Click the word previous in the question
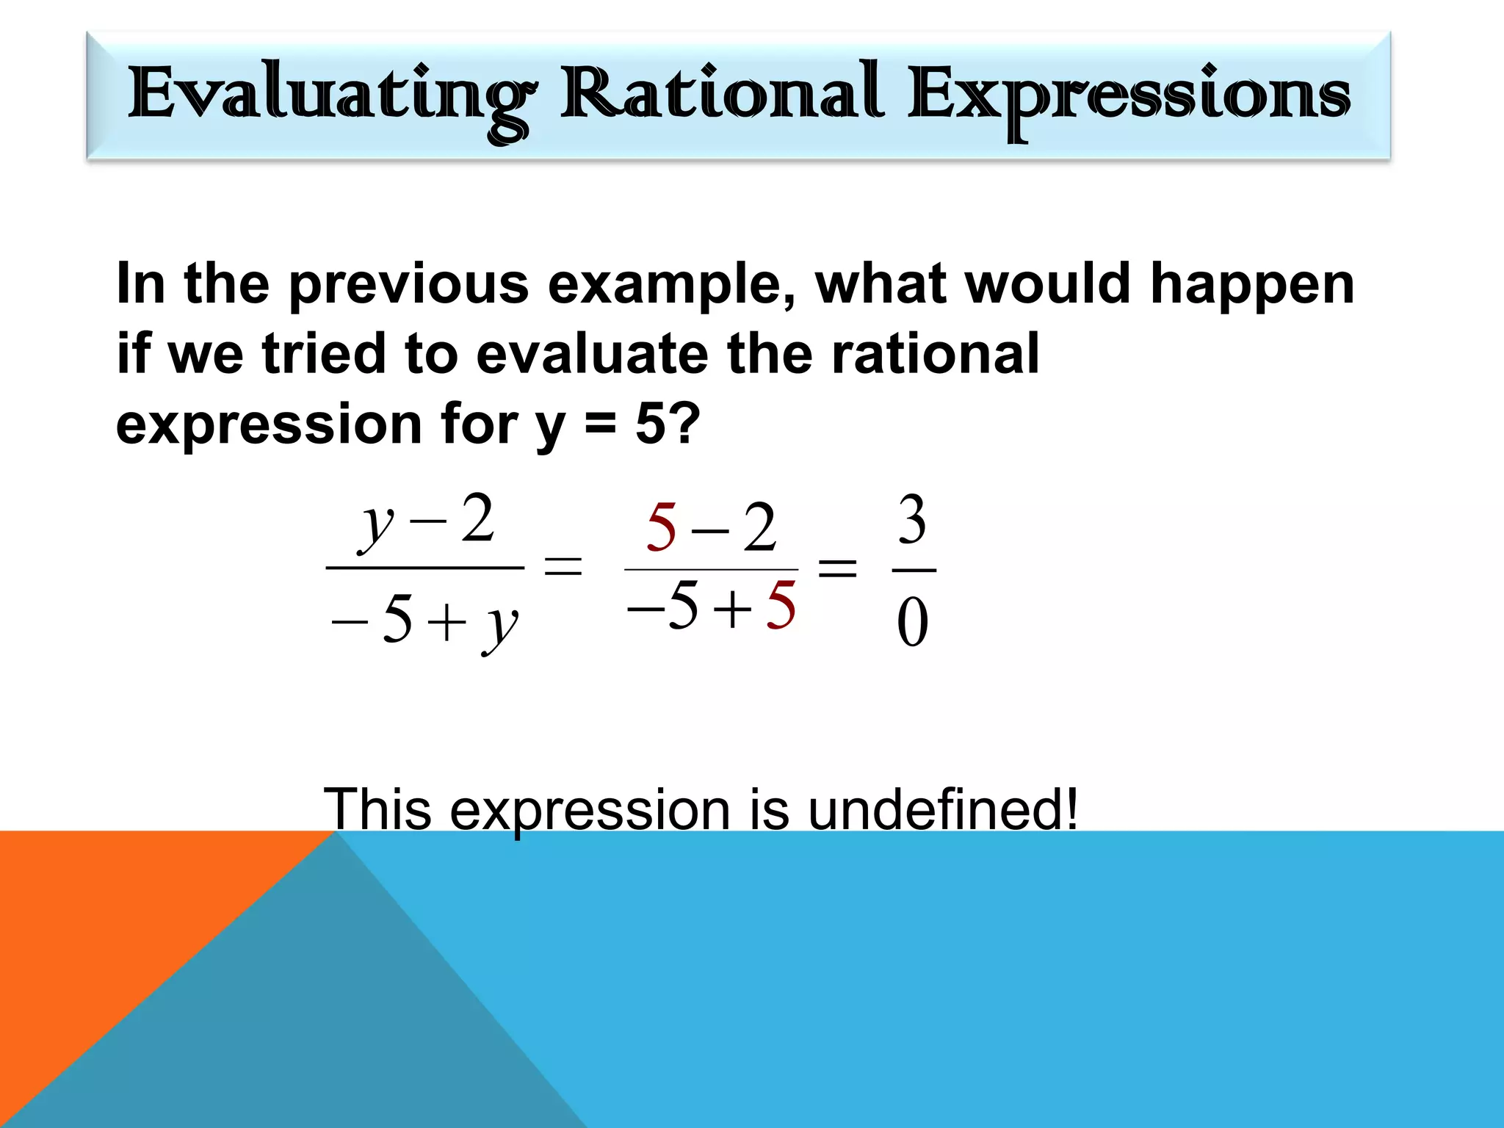(x=408, y=283)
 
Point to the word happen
(x=1251, y=285)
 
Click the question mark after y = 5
(x=684, y=424)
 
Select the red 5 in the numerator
(x=661, y=528)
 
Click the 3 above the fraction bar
(x=913, y=520)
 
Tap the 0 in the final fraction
(x=913, y=623)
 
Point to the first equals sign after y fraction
(x=563, y=567)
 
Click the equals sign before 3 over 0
(x=837, y=567)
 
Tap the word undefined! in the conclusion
(x=943, y=809)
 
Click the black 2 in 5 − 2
(x=759, y=528)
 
